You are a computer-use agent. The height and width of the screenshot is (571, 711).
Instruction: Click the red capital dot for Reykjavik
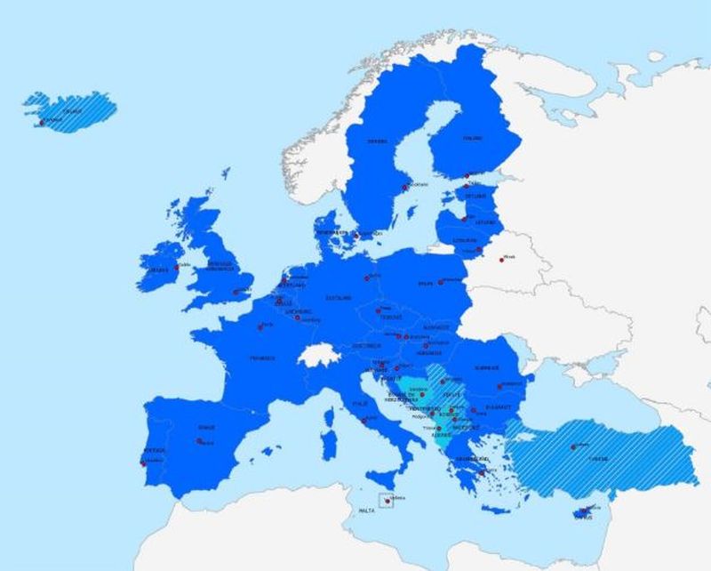click(41, 123)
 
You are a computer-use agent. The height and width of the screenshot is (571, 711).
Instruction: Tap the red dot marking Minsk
click(501, 259)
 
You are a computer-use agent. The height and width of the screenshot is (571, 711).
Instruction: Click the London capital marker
click(236, 292)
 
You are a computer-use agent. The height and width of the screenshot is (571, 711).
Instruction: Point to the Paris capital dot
click(260, 326)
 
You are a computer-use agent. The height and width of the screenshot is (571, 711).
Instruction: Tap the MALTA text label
click(366, 511)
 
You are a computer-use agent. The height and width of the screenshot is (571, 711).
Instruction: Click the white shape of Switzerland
click(316, 354)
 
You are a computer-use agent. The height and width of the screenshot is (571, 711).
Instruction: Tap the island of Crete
click(499, 511)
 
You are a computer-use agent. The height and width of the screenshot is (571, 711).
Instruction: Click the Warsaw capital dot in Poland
click(440, 282)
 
